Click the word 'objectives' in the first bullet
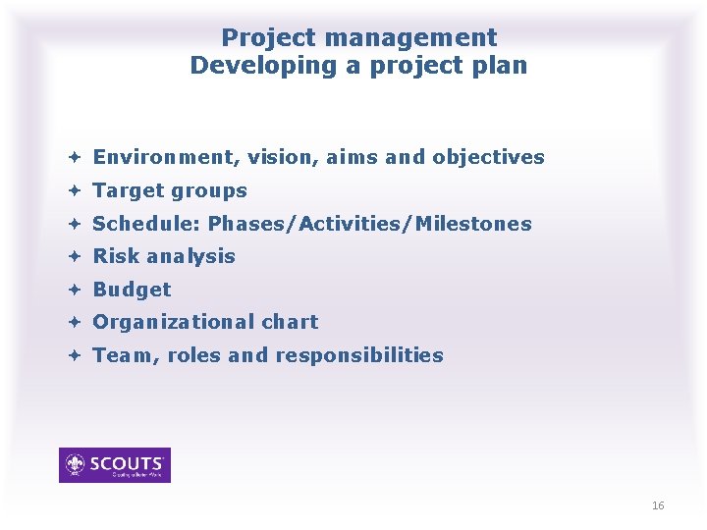pyautogui.click(x=488, y=157)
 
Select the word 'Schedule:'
pyautogui.click(x=146, y=224)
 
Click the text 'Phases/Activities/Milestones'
pyautogui.click(x=369, y=224)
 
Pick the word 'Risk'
pyautogui.click(x=116, y=256)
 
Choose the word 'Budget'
pyautogui.click(x=132, y=290)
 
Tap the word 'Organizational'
pyautogui.click(x=174, y=322)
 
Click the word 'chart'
pyautogui.click(x=290, y=322)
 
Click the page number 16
pyautogui.click(x=658, y=505)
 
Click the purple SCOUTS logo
pyautogui.click(x=115, y=465)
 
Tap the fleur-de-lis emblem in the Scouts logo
pyautogui.click(x=75, y=464)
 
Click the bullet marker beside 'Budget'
pyautogui.click(x=75, y=290)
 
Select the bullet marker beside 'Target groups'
pyautogui.click(x=75, y=190)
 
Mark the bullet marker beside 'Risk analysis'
pyautogui.click(x=75, y=256)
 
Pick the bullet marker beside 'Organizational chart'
pyautogui.click(x=75, y=322)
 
